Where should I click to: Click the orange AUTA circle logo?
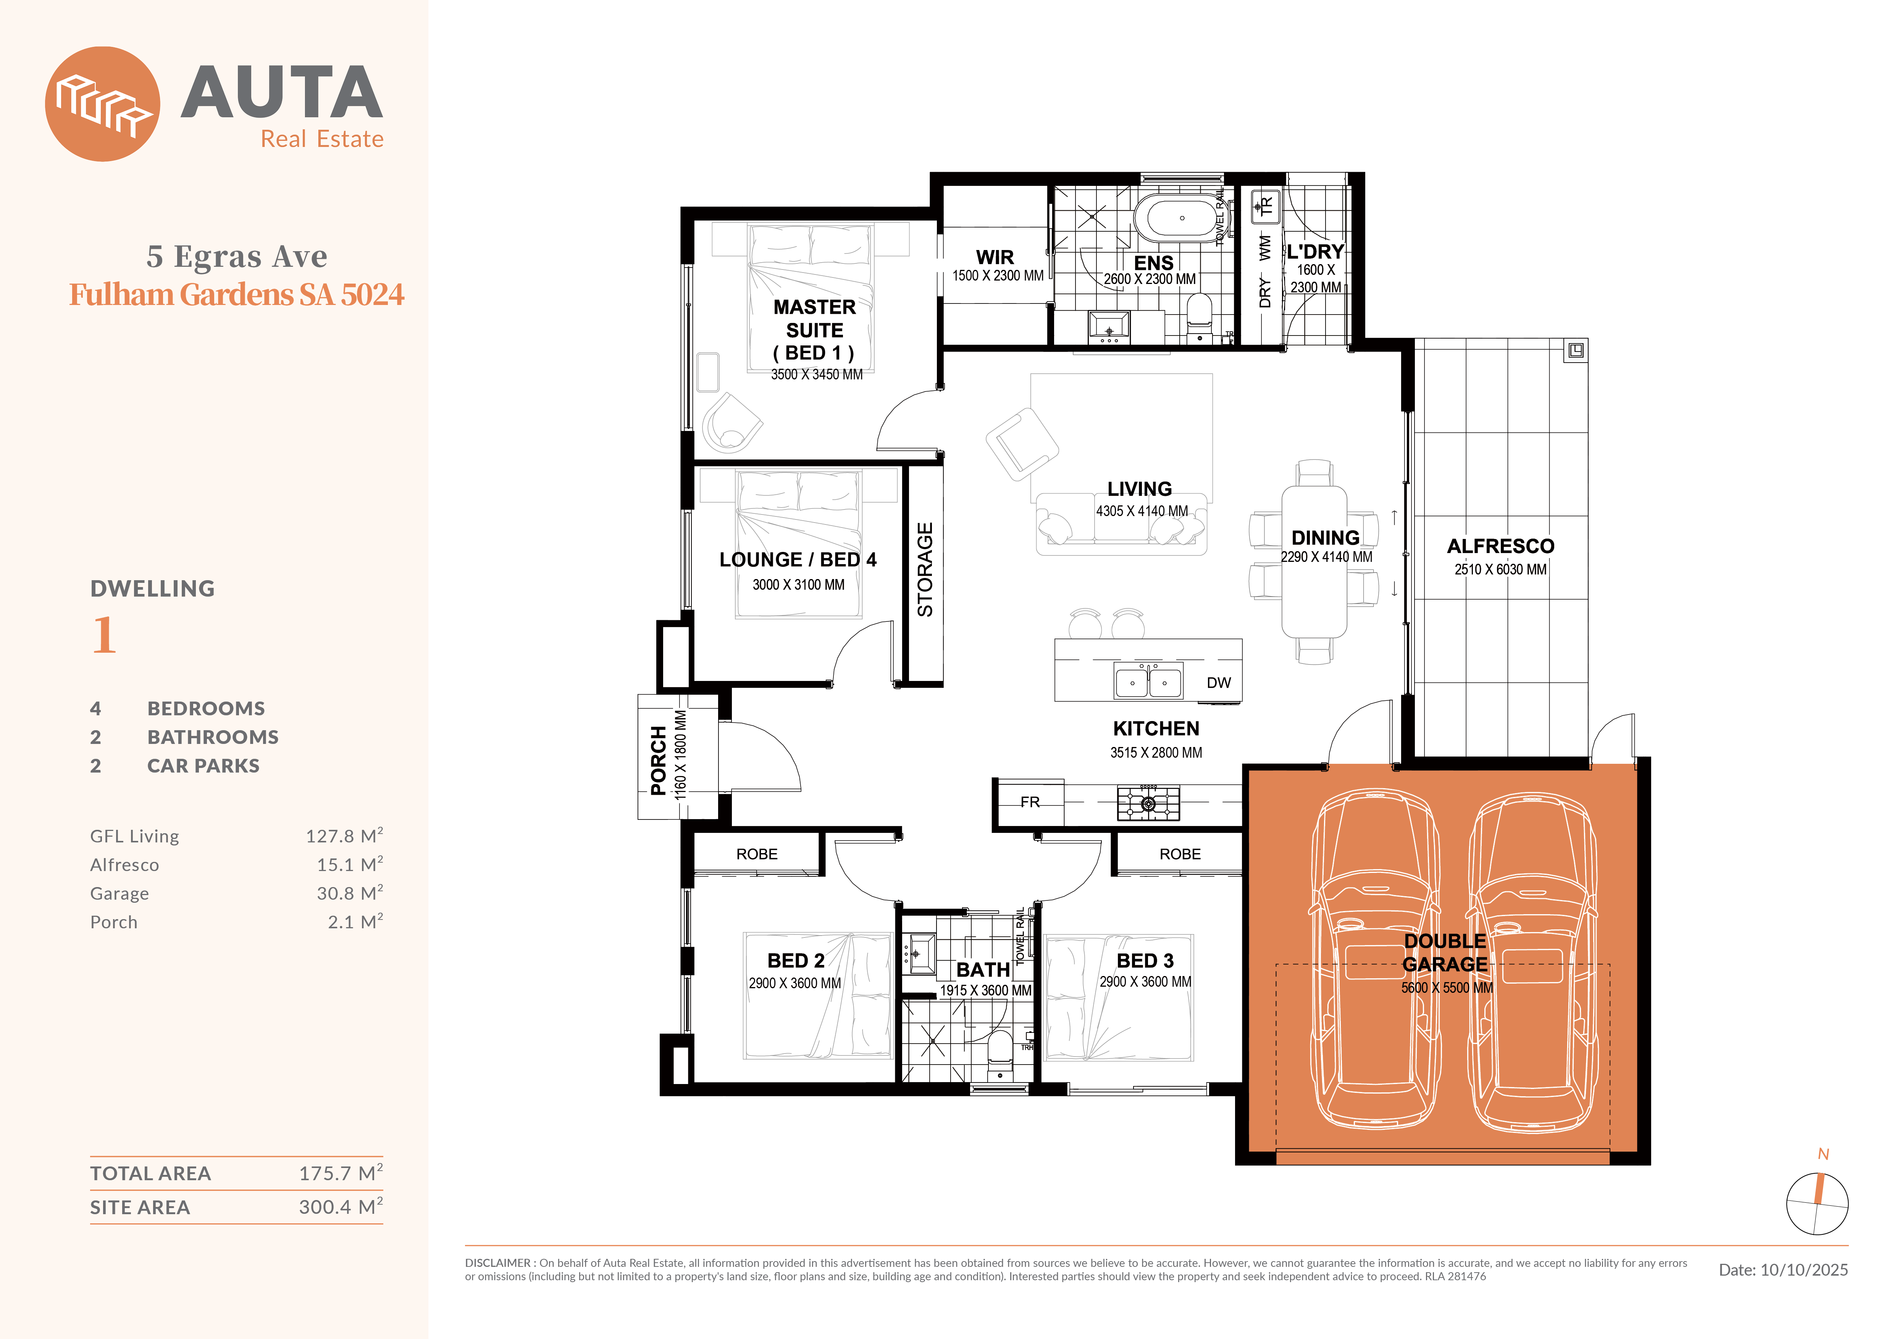[102, 104]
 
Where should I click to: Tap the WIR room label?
[995, 257]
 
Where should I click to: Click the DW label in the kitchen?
[1218, 683]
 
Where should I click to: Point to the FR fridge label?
[1030, 802]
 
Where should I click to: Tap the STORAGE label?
[925, 569]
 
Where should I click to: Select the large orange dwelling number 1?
[104, 635]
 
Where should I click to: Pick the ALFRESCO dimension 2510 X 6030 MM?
[1500, 569]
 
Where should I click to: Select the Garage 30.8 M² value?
[350, 893]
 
